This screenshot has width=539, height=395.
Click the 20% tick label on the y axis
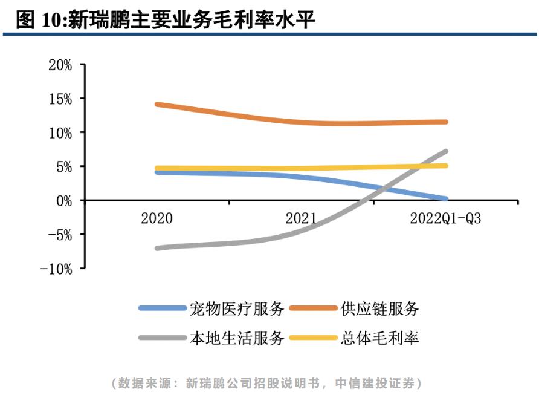[60, 65]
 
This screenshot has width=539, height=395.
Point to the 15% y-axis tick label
[60, 99]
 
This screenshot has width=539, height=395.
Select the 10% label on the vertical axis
[60, 132]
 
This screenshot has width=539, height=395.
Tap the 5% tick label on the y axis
[64, 166]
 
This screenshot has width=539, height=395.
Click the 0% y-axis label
[64, 201]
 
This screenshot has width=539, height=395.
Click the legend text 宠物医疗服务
[236, 308]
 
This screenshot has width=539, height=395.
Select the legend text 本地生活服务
[236, 338]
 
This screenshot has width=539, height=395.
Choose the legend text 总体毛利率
[379, 338]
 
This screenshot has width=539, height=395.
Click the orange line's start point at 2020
[157, 105]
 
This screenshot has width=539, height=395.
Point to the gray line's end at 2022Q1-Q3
[445, 151]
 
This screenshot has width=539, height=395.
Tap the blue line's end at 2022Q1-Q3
[445, 198]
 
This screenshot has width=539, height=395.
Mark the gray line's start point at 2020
[157, 248]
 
